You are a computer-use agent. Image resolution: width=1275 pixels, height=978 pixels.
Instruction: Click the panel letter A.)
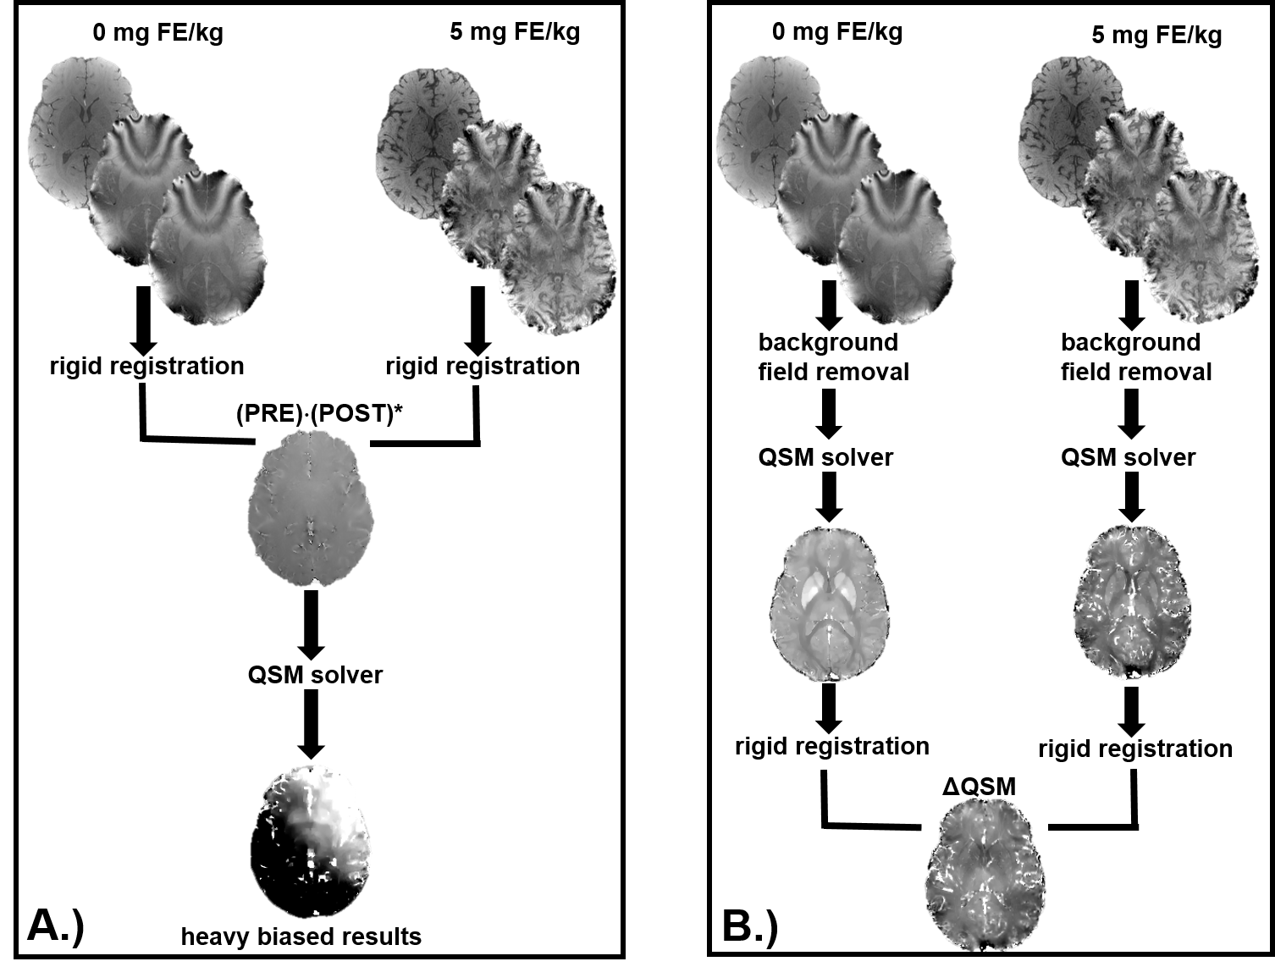point(56,925)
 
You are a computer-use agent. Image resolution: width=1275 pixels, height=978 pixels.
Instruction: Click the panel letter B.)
point(749,926)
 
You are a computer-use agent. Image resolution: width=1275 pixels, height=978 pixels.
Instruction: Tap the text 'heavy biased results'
point(301,937)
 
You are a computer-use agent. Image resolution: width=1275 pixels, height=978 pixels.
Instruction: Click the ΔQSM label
point(979,787)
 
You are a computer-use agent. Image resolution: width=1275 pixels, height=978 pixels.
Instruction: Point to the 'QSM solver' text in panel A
point(315,675)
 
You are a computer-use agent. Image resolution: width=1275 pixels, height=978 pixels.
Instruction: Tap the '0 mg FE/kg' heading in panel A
point(158,33)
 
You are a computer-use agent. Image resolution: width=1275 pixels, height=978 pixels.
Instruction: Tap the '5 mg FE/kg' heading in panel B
point(1156,35)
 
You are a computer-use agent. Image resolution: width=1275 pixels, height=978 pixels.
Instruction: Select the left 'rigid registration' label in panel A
point(146,366)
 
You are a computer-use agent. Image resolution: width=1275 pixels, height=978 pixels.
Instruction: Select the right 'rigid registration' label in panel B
point(1134,749)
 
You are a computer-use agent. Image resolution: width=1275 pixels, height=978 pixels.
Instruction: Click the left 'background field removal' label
point(833,357)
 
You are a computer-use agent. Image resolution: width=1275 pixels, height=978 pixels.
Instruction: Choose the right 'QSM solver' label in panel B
point(1128,457)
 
